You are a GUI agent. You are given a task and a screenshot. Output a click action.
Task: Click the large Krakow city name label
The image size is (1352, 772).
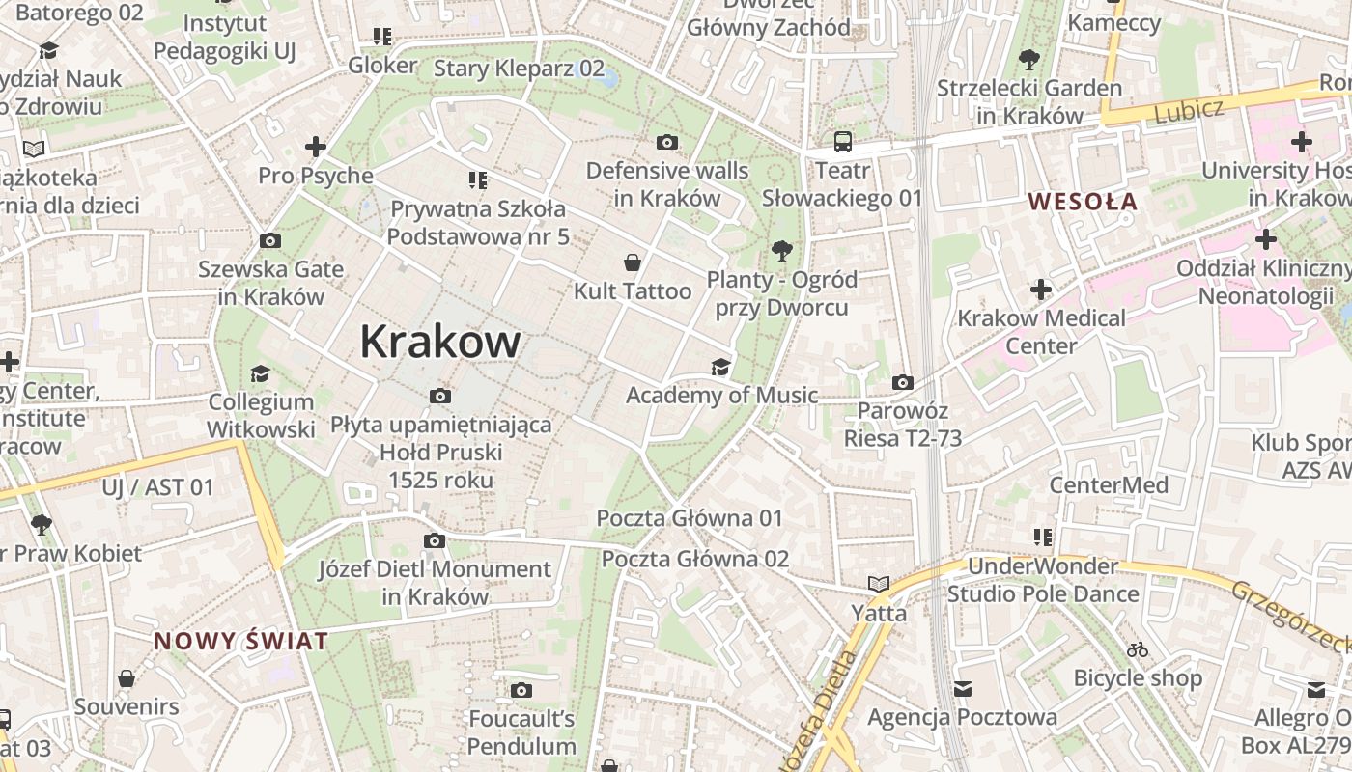tap(440, 342)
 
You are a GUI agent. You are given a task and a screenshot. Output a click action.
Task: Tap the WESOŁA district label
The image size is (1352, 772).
tap(1083, 202)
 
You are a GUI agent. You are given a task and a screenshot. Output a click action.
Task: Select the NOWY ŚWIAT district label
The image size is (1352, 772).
tap(240, 640)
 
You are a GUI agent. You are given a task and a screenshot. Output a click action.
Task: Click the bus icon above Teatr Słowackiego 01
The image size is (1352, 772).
tap(843, 142)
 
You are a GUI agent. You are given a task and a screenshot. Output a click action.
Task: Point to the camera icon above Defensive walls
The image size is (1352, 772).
tap(666, 143)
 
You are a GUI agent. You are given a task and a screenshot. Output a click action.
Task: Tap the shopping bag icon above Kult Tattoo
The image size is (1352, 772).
tap(633, 262)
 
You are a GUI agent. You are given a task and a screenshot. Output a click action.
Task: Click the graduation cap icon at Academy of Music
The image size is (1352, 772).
tap(720, 367)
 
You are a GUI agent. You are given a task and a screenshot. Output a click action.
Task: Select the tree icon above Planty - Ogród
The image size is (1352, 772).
tap(782, 252)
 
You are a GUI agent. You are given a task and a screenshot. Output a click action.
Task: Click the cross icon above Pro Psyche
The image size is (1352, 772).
tap(315, 148)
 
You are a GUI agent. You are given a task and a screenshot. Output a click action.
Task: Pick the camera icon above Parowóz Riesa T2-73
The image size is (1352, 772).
tap(903, 383)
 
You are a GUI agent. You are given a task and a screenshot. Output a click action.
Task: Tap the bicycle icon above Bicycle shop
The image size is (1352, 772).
tap(1138, 649)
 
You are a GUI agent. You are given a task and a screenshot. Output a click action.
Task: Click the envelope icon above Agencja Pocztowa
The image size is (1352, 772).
tap(962, 689)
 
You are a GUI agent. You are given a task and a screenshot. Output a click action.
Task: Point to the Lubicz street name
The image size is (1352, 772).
tap(1188, 110)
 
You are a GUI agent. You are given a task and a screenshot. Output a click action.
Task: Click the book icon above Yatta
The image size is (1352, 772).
tap(878, 585)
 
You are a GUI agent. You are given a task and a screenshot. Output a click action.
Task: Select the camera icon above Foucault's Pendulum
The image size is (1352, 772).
tap(521, 690)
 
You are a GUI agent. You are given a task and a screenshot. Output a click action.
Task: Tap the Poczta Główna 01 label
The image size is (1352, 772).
tap(690, 518)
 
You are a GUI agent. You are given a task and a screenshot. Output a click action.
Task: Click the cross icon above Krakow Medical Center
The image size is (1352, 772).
tap(1041, 289)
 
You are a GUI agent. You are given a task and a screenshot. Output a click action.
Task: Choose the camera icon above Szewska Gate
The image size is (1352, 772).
tap(270, 240)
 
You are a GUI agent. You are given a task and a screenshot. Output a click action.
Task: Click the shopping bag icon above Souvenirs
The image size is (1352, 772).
tap(126, 678)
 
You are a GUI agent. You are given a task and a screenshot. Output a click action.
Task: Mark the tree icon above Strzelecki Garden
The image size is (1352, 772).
tap(1029, 60)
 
